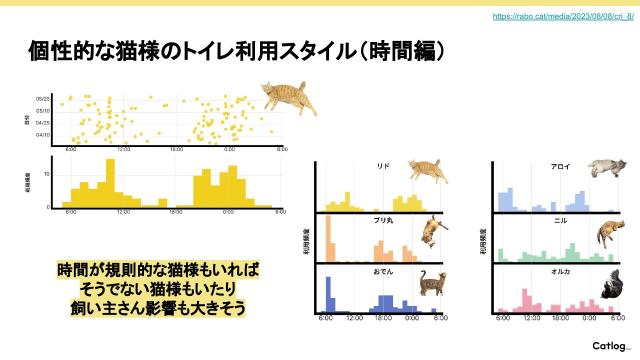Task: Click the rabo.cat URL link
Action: click(563, 17)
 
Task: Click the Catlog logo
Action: click(608, 345)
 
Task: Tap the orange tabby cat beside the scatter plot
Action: click(288, 99)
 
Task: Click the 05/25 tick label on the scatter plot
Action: click(44, 99)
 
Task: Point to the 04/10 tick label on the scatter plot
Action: click(44, 135)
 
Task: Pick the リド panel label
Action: click(383, 166)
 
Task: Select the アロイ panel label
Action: click(560, 166)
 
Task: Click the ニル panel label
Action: click(560, 218)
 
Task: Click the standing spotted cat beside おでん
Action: click(432, 284)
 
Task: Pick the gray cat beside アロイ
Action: click(607, 167)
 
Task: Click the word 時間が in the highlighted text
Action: click(85, 270)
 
